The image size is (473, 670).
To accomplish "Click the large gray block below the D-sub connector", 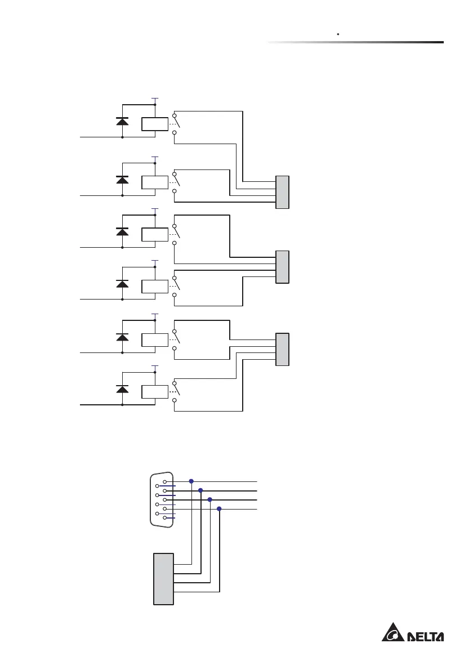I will tap(163, 578).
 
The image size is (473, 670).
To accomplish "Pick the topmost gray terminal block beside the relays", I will tap(282, 192).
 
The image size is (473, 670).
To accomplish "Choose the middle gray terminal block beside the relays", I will tap(282, 267).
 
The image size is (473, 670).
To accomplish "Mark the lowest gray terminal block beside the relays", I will tap(282, 349).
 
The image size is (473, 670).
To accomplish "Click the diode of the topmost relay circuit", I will tap(122, 120).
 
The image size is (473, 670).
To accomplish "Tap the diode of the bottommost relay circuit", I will tap(122, 389).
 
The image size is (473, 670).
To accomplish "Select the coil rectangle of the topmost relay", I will tap(155, 124).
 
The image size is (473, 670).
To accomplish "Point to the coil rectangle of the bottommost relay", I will tap(155, 391).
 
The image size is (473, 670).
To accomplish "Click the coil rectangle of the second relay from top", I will tap(155, 182).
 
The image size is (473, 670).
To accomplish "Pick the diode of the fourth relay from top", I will tap(122, 284).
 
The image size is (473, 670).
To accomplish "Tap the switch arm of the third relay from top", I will tap(177, 231).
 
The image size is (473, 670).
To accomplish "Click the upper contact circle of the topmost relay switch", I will tap(175, 115).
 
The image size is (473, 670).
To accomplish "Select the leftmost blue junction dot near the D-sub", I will tap(191, 481).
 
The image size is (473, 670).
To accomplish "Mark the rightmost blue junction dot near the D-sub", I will tap(219, 509).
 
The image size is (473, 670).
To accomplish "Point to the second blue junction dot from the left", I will tap(200, 490).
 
